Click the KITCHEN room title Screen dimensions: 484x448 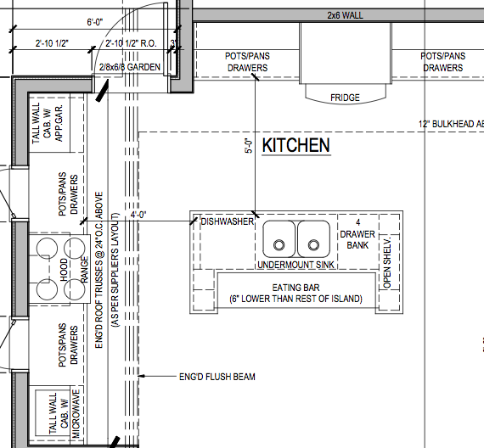click(x=296, y=145)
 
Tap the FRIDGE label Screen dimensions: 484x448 click(x=345, y=98)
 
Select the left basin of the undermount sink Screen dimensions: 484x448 click(x=279, y=239)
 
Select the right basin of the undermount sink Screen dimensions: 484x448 click(x=313, y=239)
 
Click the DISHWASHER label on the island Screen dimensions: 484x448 click(x=228, y=221)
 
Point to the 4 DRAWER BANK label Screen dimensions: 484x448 click(x=357, y=234)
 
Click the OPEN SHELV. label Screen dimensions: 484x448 click(x=387, y=262)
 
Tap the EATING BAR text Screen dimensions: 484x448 click(x=295, y=288)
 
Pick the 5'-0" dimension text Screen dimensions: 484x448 click(x=249, y=146)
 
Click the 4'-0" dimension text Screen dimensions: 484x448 click(x=138, y=215)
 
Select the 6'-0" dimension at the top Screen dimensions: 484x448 click(x=95, y=22)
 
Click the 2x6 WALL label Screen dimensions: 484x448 click(x=345, y=15)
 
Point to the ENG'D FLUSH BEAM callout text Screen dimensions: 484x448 click(x=217, y=377)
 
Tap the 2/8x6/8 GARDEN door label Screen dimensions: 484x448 click(x=130, y=67)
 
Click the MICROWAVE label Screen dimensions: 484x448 click(x=76, y=413)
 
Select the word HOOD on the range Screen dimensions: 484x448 click(x=64, y=270)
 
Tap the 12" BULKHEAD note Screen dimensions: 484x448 click(x=451, y=124)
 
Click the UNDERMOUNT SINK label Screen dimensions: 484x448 click(x=295, y=265)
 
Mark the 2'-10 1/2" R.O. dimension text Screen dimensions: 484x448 click(x=131, y=43)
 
